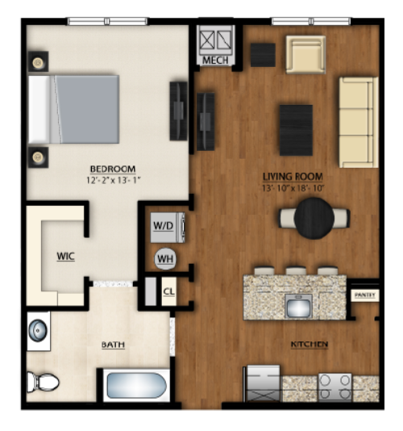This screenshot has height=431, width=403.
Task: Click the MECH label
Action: click(215, 61)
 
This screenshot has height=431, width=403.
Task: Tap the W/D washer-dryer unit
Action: click(168, 228)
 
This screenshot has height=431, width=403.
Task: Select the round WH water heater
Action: click(165, 258)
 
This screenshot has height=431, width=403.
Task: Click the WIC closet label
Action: click(65, 257)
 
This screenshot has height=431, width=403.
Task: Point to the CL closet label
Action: click(168, 291)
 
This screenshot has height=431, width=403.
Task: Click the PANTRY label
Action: click(365, 295)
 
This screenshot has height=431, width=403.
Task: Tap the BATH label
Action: click(113, 345)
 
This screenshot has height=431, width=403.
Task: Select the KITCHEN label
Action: click(310, 344)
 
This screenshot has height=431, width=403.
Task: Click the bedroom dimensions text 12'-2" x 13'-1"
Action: click(114, 180)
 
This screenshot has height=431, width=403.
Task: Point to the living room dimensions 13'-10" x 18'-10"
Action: click(293, 188)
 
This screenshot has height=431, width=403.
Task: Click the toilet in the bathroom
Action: click(43, 382)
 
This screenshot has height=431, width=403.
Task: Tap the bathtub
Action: click(136, 385)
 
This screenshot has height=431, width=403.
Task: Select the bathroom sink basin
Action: click(38, 330)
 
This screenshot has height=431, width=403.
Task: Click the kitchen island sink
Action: click(298, 306)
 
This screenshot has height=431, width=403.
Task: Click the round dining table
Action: click(314, 218)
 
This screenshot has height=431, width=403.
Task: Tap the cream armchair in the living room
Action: click(305, 54)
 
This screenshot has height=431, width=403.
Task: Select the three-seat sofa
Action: click(359, 123)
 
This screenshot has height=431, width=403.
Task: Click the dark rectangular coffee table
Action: click(296, 130)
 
